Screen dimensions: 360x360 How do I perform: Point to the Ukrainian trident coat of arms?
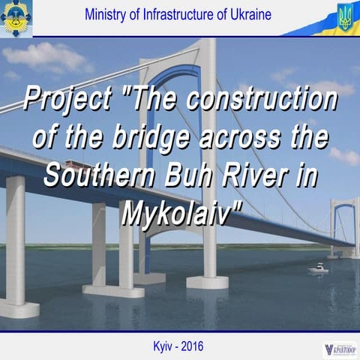[x=344, y=16]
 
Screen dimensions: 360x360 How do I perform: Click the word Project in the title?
[x=70, y=99]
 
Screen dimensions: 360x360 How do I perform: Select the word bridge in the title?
[x=166, y=139]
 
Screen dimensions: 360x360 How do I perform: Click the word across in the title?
[x=240, y=139]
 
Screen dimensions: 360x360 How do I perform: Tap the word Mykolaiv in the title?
[x=180, y=215]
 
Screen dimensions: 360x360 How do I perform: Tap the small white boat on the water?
[x=318, y=268]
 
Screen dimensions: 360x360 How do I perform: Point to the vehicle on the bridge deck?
[x=71, y=163]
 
